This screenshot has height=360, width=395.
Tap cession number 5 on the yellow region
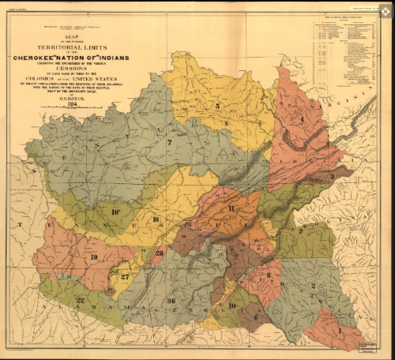click(217, 106)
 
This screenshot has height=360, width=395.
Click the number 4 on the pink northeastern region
click(301, 119)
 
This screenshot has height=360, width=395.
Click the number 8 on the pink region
click(269, 276)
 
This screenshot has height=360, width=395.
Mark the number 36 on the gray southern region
click(171, 302)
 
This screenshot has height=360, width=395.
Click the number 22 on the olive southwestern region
click(80, 300)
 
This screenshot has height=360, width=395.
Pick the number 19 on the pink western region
click(93, 257)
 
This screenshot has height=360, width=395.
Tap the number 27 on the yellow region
click(125, 276)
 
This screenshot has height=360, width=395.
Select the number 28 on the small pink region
click(160, 253)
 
